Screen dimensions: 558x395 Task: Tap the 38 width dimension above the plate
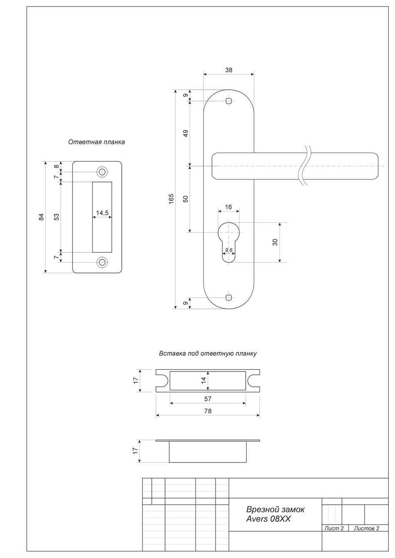coord(229,70)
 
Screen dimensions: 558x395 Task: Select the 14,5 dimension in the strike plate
coord(102,213)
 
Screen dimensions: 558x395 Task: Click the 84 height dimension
coord(41,217)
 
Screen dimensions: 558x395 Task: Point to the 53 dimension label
coord(57,217)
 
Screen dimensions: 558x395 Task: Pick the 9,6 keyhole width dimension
coord(229,250)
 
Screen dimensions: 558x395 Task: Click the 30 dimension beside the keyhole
coord(275,242)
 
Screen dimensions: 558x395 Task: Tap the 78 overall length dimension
coord(208,411)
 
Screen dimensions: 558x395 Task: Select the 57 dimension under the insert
coord(208,399)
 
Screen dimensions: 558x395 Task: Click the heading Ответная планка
coord(96,142)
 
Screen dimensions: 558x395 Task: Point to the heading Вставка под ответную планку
coord(207,354)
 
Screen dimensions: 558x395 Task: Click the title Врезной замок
coord(275,509)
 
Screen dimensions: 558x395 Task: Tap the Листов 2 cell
coord(366,529)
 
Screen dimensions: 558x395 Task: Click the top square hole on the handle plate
coord(228,101)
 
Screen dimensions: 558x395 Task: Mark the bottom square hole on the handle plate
coord(228,297)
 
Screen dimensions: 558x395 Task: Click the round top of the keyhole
coord(229,231)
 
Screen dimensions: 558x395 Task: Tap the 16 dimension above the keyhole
coord(229,207)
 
